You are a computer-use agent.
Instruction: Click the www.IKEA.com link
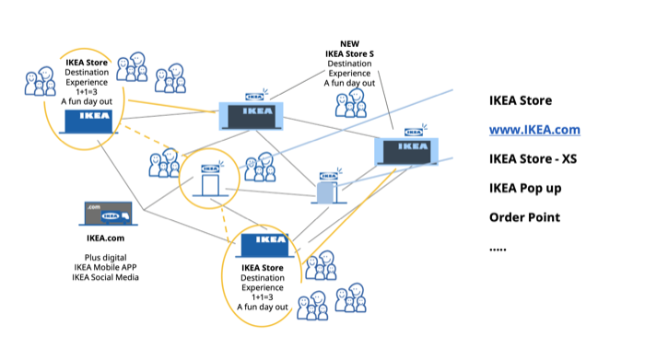534,130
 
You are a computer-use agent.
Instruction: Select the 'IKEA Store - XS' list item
533,158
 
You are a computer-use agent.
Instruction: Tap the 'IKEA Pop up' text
525,188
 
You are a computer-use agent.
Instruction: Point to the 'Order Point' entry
524,217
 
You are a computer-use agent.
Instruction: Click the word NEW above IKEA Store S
349,43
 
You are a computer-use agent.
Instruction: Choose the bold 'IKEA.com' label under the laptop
105,238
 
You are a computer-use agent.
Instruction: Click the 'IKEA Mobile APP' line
105,267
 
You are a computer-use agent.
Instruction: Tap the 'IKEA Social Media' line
105,277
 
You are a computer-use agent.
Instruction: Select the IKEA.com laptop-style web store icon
108,214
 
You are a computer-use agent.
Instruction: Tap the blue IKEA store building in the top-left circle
88,122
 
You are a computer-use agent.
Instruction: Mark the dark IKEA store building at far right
406,151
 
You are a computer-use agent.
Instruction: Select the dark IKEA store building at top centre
252,116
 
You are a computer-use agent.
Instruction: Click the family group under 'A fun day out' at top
350,103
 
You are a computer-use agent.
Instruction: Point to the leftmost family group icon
40,81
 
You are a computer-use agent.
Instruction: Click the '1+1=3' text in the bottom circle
263,297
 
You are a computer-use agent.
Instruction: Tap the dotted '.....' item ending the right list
498,249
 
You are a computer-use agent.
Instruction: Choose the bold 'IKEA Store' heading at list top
521,100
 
